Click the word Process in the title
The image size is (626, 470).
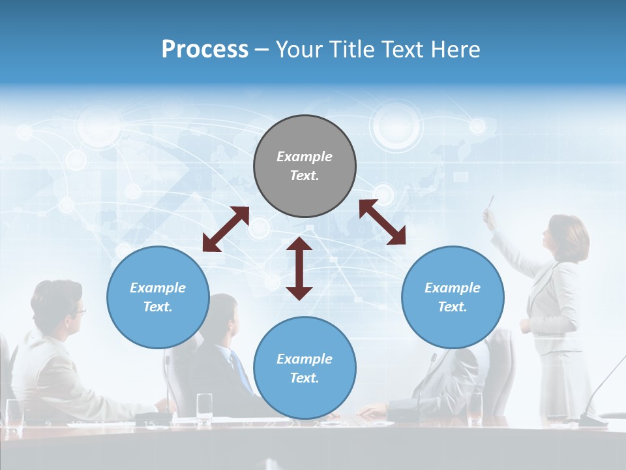[205, 50]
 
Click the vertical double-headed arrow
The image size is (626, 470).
[299, 268]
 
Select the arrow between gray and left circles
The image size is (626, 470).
[226, 229]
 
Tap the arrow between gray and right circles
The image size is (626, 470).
[382, 222]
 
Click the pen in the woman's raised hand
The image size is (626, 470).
[491, 202]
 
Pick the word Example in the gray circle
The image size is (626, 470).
[305, 157]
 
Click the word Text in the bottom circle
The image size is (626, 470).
[305, 378]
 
